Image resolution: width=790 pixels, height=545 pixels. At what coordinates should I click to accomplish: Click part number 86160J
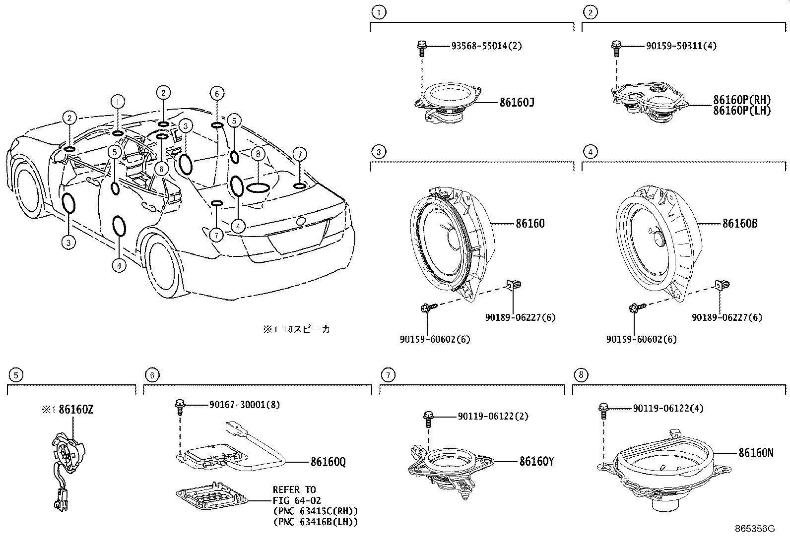(517, 103)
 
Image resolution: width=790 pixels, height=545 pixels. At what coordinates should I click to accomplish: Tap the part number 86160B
(739, 224)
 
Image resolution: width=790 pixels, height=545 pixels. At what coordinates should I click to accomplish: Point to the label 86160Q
(328, 462)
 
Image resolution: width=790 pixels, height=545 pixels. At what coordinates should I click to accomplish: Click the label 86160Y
(536, 461)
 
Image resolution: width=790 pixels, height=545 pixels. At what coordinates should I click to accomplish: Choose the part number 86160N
(755, 453)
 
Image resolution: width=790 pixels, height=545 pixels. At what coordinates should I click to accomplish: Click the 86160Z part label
(76, 410)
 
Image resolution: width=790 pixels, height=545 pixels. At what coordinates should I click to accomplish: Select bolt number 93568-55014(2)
(486, 46)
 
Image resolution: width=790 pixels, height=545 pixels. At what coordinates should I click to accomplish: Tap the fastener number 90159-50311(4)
(681, 46)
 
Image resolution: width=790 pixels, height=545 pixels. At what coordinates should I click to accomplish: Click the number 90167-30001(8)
(244, 405)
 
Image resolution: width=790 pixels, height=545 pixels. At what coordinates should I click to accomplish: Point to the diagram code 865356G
(755, 529)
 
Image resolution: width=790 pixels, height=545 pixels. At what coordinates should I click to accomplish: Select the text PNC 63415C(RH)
(315, 511)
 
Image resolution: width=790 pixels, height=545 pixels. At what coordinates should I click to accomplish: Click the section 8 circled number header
(581, 375)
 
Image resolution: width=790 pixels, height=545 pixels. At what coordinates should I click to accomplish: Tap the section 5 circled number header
(16, 375)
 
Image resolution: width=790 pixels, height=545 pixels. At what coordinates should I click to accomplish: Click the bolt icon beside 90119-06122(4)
(603, 410)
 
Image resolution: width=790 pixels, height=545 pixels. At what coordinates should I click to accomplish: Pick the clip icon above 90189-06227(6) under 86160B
(720, 285)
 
